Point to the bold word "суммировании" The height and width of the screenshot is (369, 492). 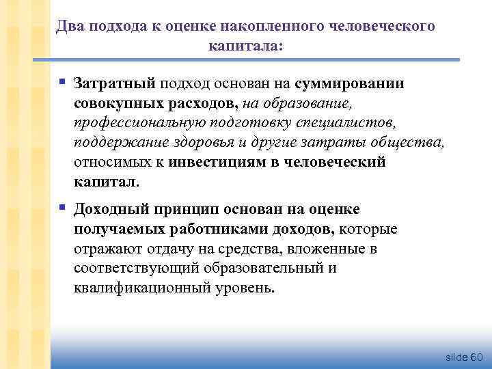[x=350, y=83]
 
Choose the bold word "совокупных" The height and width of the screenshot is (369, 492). [x=118, y=103]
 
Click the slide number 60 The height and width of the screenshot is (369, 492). [x=476, y=357]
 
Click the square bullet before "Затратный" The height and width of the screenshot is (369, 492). [x=62, y=82]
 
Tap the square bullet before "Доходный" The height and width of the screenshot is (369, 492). [x=62, y=207]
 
